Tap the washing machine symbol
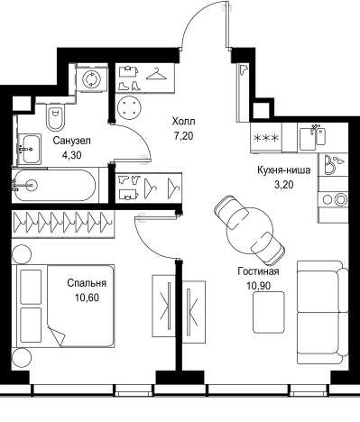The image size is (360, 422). point(92,79)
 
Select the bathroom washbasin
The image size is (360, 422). point(30,149)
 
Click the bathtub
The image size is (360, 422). point(54,186)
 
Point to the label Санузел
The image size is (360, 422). point(71,141)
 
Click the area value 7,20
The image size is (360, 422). point(183,136)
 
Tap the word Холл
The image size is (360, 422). point(183,122)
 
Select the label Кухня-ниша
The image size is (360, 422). point(283,170)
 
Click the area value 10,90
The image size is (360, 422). point(259,286)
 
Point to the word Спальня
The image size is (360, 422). point(87,283)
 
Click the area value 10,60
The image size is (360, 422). point(88,298)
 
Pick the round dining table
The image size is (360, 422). point(249,231)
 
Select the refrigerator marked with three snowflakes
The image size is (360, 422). point(266,137)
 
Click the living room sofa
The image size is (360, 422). point(323,313)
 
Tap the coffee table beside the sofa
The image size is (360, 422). point(269,312)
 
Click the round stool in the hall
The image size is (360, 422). point(129,107)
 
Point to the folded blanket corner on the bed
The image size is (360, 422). point(58,336)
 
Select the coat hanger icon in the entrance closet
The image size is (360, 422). point(156,75)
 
